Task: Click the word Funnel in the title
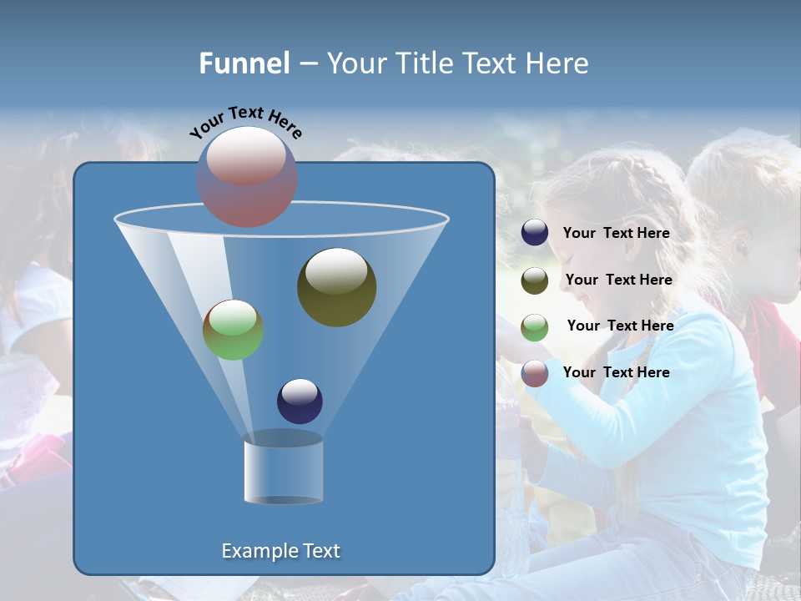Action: [244, 63]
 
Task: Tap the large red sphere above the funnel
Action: [246, 177]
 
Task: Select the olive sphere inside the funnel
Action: [336, 287]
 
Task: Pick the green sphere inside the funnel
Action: [233, 330]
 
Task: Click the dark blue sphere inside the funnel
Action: [300, 402]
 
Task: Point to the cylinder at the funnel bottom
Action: [283, 471]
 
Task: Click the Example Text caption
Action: [280, 551]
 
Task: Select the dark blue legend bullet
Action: [535, 233]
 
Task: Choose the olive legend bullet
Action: [535, 280]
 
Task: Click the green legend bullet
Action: [535, 327]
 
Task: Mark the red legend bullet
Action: [535, 373]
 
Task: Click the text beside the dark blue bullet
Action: [616, 234]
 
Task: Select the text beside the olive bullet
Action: [618, 280]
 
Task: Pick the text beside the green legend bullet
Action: [620, 326]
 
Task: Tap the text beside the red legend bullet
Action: [616, 372]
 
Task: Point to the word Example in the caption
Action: [254, 551]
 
